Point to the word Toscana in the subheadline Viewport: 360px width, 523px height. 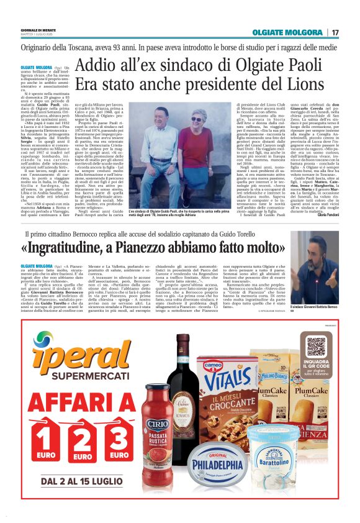coord(94,46)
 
